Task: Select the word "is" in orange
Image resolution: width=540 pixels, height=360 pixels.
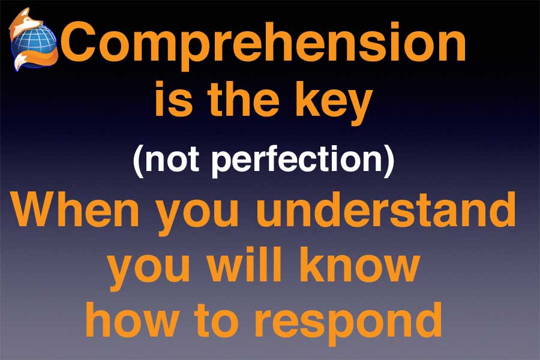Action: (x=173, y=98)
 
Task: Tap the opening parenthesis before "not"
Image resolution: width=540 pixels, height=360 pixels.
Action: (x=138, y=161)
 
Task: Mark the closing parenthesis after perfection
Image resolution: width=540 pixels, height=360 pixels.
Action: (x=389, y=161)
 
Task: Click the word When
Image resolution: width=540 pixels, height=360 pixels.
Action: (x=76, y=209)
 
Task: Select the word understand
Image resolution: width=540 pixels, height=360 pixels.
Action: (x=386, y=209)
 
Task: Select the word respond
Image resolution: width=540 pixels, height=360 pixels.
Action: (x=348, y=324)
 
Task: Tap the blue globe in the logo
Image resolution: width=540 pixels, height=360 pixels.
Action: (x=34, y=44)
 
